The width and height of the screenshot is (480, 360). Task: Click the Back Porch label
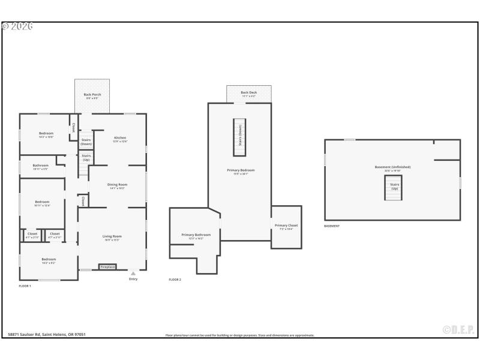[x=92, y=95]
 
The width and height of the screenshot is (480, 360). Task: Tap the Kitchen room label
[x=120, y=138]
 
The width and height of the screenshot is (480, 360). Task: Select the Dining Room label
[x=117, y=185]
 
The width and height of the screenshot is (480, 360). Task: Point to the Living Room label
[x=112, y=236]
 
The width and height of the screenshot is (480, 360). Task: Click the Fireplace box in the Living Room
[x=107, y=266]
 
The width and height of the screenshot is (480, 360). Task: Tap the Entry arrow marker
[x=133, y=274]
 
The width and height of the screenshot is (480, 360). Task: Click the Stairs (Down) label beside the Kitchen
[x=86, y=142]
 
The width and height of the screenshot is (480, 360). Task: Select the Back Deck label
[x=248, y=93]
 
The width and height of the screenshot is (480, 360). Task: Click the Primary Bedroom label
[x=241, y=171]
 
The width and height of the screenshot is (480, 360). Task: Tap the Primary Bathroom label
[x=196, y=235]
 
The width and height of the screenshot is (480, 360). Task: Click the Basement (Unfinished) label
[x=393, y=167]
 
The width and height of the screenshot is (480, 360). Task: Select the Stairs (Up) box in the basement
[x=394, y=187]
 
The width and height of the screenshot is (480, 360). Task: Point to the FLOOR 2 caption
[x=175, y=280]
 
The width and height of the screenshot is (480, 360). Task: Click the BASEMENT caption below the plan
[x=332, y=226]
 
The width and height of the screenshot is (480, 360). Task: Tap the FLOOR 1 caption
[x=25, y=286]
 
